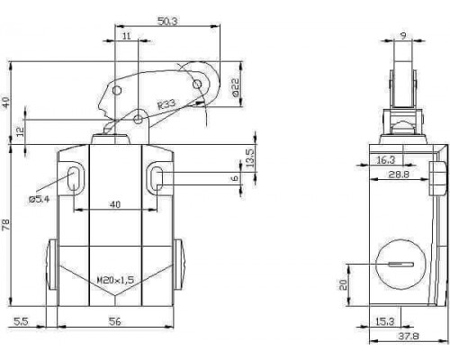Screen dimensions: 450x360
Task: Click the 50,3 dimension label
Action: (x=167, y=22)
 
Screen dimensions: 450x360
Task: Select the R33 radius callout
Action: (x=166, y=104)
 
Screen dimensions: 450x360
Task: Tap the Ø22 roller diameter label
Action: (x=236, y=87)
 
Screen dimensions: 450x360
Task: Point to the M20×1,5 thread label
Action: (x=115, y=280)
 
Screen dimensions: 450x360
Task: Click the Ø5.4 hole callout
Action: (x=40, y=199)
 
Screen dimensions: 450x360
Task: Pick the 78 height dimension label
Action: (x=6, y=225)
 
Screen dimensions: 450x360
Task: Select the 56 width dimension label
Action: (x=114, y=321)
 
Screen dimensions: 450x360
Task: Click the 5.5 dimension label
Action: (x=21, y=321)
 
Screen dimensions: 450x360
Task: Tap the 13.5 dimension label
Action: (x=250, y=157)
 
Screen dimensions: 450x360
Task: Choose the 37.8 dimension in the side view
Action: (x=409, y=337)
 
